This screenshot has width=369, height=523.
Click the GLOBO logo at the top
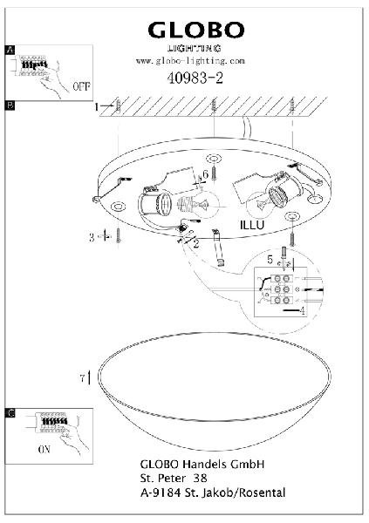point(196,31)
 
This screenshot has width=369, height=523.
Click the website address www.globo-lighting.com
point(190,61)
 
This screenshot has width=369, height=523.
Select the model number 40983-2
point(195,78)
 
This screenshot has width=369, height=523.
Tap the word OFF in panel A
point(81,86)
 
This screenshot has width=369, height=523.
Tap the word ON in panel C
point(44,450)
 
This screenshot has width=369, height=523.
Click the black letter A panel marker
point(10,50)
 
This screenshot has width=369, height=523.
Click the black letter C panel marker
point(10,413)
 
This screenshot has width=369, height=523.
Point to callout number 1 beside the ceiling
point(97,107)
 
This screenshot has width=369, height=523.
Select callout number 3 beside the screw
point(92,237)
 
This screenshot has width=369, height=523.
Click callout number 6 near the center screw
point(206,173)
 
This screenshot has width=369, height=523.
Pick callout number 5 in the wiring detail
point(270,260)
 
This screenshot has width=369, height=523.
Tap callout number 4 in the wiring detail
point(302,311)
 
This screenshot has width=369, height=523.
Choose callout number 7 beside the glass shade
point(83,378)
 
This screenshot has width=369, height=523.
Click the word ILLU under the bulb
point(252,225)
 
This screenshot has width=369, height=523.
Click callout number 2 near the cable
point(196,244)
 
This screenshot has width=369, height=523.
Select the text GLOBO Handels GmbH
point(202,464)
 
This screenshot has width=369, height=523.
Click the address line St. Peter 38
point(174,479)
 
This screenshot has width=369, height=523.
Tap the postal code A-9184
point(161,492)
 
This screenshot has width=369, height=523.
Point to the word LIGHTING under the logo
point(195,48)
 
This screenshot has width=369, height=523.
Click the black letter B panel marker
point(10,105)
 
